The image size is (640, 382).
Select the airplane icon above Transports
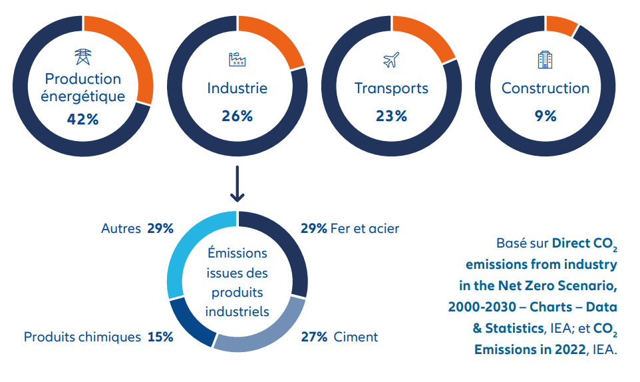391,60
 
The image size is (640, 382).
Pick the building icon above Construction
545,60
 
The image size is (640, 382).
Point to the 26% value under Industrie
237,116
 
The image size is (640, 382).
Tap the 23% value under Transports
391,116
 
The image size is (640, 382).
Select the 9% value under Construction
545,116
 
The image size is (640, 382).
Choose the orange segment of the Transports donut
426,37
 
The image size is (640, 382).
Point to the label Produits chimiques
82,337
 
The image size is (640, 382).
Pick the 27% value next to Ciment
314,337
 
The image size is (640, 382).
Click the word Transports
391,89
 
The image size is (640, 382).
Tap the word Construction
545,89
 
